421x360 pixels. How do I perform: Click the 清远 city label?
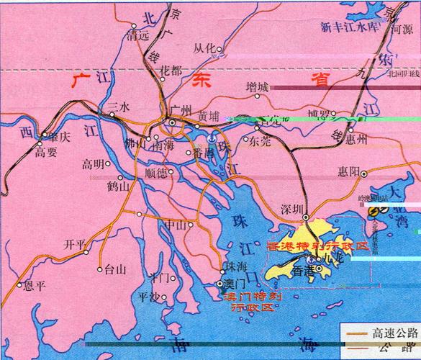(137, 33)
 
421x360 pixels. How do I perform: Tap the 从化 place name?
(204, 48)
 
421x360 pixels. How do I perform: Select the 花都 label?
(171, 71)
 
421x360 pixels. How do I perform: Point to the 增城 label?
(256, 87)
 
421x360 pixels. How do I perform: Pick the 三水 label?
(117, 107)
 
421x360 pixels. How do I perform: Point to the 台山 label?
(115, 270)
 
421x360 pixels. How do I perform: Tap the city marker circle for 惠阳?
(363, 174)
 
